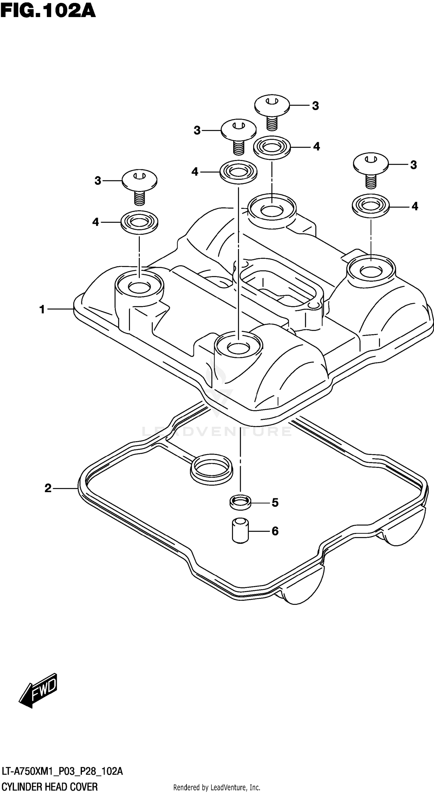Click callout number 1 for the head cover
[42, 309]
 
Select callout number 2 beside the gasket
[48, 488]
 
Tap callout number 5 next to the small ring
[275, 502]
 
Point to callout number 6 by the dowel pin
[275, 531]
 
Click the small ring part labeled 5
[240, 502]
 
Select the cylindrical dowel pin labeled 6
[240, 531]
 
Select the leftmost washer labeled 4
[139, 222]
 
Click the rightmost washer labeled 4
[371, 206]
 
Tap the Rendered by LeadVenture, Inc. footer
[217, 787]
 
